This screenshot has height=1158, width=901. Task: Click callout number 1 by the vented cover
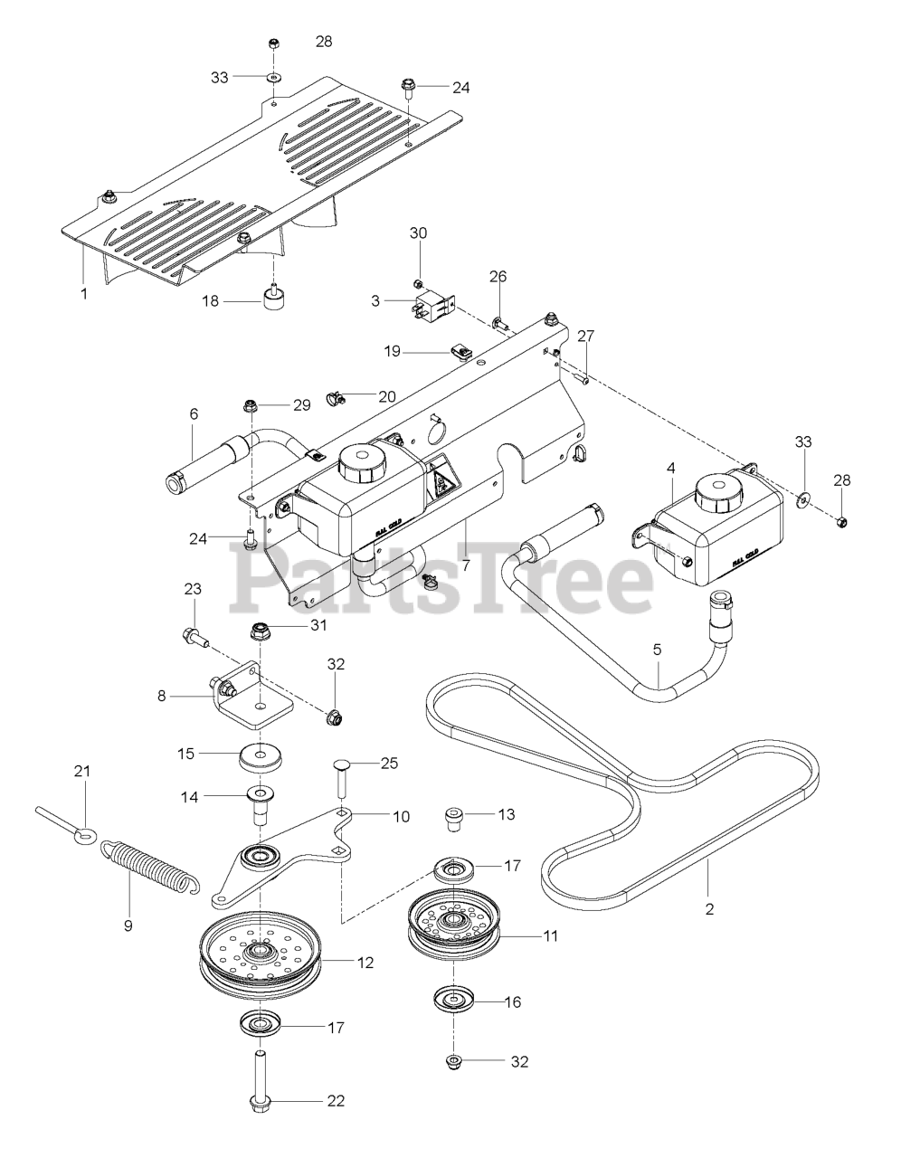click(x=84, y=294)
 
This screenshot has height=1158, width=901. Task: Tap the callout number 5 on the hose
click(x=658, y=649)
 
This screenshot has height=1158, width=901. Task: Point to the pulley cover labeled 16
click(x=449, y=1001)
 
